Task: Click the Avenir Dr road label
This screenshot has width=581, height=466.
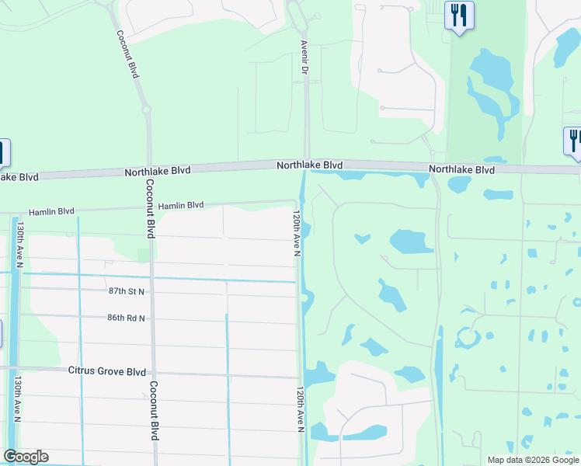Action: pyautogui.click(x=304, y=58)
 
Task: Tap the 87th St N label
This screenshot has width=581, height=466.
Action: pyautogui.click(x=127, y=290)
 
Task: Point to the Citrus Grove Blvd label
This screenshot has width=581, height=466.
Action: pyautogui.click(x=107, y=371)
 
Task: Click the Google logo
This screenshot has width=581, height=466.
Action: pyautogui.click(x=26, y=457)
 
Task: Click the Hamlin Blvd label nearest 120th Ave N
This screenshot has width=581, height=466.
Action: pyautogui.click(x=181, y=206)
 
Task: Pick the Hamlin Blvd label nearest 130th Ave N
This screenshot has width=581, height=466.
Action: pyautogui.click(x=51, y=211)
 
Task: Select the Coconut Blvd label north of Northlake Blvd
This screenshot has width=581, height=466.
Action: pyautogui.click(x=127, y=54)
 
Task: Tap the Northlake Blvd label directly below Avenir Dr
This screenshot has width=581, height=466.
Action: pyautogui.click(x=311, y=165)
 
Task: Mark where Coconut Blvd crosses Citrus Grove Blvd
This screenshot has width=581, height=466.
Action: pyautogui.click(x=151, y=373)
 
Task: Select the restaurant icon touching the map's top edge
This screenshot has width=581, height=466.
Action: pyautogui.click(x=459, y=15)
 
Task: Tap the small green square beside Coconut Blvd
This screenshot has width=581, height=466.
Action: pyautogui.click(x=143, y=255)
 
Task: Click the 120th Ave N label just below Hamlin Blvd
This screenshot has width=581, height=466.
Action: pyautogui.click(x=297, y=231)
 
